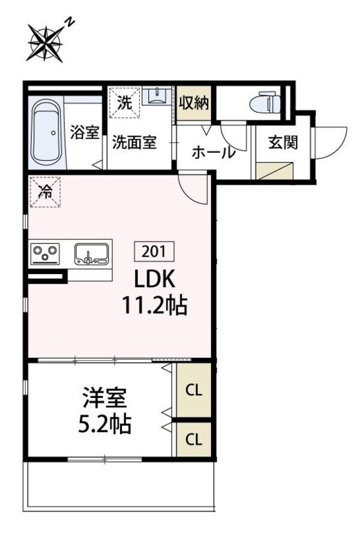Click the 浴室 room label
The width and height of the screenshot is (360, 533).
(x=84, y=133)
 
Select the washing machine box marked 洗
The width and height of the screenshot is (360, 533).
(x=124, y=103)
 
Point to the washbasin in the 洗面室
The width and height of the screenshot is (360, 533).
(x=158, y=97)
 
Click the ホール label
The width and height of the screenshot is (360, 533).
(x=214, y=152)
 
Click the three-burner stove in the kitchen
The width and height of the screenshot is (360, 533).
(x=46, y=253)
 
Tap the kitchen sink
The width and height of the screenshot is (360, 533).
(x=92, y=254)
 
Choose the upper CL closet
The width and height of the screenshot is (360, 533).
(x=193, y=391)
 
